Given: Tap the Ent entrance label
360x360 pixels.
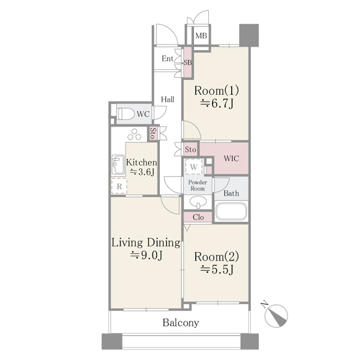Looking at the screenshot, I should [x=168, y=58].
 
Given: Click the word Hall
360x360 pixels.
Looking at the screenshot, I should [x=168, y=100].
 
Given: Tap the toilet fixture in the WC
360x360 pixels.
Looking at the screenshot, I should [x=126, y=114].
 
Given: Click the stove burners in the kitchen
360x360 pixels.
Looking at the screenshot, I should [x=135, y=136].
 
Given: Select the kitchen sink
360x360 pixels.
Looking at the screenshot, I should [x=118, y=165].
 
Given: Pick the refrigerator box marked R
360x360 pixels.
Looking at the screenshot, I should [x=120, y=185].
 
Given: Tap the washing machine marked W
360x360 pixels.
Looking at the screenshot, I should [x=193, y=167].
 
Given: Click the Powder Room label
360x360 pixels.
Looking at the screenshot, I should [x=197, y=186].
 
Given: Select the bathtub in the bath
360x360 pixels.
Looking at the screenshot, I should [x=231, y=213].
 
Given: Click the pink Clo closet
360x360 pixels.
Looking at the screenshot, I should [x=198, y=217].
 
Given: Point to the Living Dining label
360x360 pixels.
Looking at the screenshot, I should [x=146, y=243].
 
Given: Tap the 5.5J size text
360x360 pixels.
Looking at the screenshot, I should [x=217, y=269].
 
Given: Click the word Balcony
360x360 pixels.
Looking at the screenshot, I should [x=181, y=323].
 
